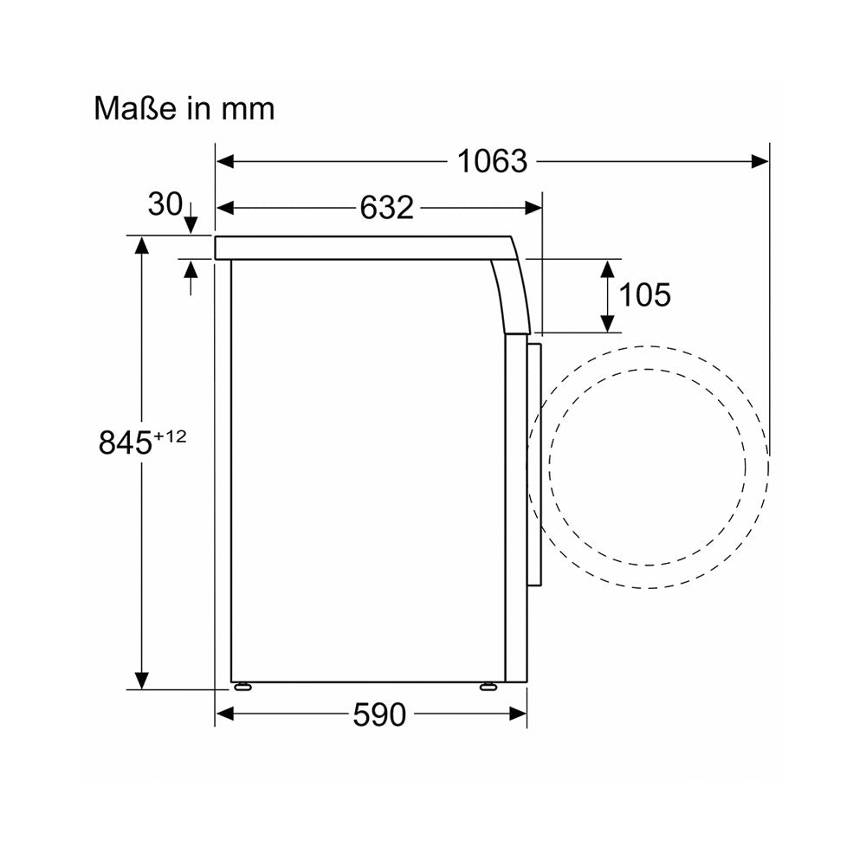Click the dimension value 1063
(492, 161)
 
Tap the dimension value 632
(386, 208)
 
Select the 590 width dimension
(379, 714)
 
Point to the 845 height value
(125, 443)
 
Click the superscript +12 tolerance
(170, 436)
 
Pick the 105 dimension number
(644, 295)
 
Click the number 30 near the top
(165, 204)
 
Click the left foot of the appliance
(242, 687)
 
